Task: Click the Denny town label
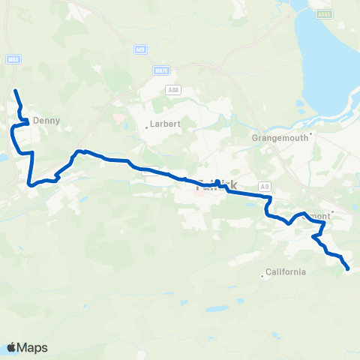pyautogui.click(x=46, y=119)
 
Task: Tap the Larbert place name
pyautogui.click(x=166, y=124)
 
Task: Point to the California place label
pyautogui.click(x=285, y=272)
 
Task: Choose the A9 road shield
pyautogui.click(x=263, y=185)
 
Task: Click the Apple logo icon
pyautogui.click(x=11, y=347)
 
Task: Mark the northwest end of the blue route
pyautogui.click(x=16, y=91)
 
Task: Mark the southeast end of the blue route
pyautogui.click(x=349, y=268)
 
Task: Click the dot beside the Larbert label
pyautogui.click(x=146, y=127)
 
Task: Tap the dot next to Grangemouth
pyautogui.click(x=310, y=135)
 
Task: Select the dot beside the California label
pyautogui.click(x=262, y=275)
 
